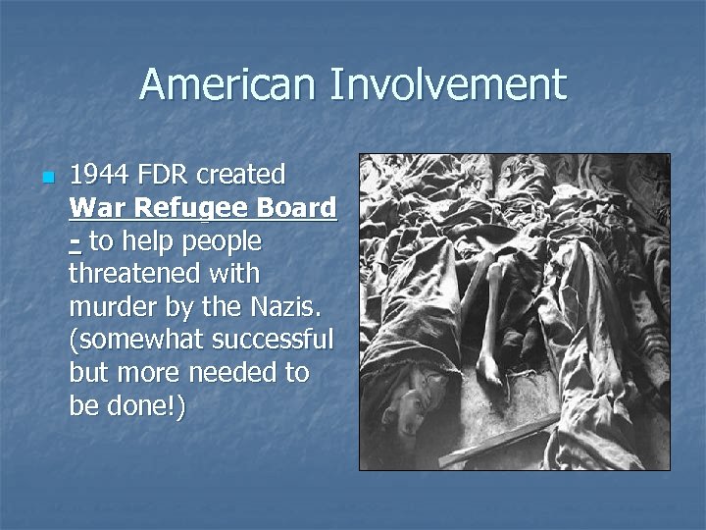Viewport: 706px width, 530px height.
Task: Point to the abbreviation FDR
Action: click(166, 176)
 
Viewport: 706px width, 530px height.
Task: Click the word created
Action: click(241, 176)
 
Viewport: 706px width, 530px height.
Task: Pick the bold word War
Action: click(99, 209)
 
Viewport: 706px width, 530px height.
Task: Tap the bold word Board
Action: click(294, 209)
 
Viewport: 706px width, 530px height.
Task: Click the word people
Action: click(222, 241)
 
